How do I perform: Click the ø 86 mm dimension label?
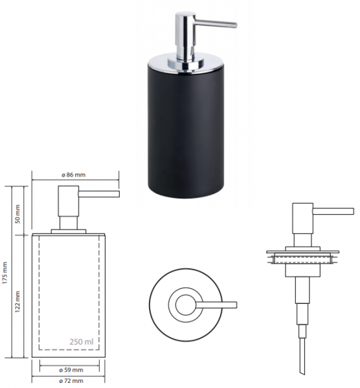click(73, 175)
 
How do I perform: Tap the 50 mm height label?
click(17, 214)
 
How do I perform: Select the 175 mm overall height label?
click(5, 273)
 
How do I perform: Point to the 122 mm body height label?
click(17, 301)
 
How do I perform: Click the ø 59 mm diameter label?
click(71, 370)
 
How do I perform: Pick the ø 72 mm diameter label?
click(71, 381)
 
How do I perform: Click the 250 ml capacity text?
click(82, 341)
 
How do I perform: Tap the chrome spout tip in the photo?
click(236, 25)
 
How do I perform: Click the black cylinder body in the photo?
click(186, 131)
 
